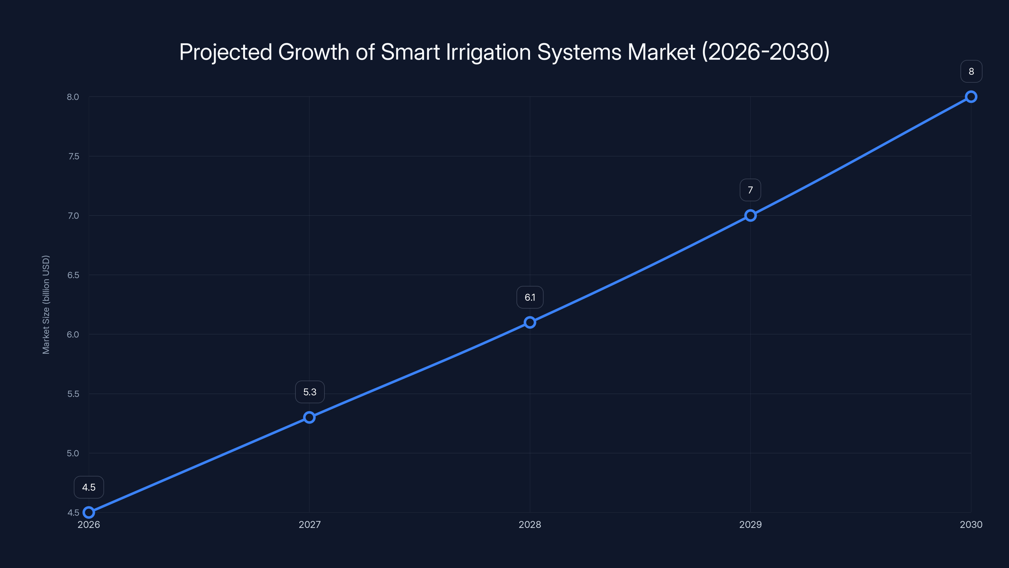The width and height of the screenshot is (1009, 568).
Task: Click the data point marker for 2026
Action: tap(89, 512)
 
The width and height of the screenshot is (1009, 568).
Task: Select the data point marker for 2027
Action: tap(309, 417)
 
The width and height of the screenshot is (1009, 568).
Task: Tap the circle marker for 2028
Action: tap(530, 322)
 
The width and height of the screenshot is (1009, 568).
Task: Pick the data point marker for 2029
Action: tap(750, 216)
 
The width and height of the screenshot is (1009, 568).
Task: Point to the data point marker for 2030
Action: tap(971, 97)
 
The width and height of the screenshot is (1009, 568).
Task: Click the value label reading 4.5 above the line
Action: tap(89, 487)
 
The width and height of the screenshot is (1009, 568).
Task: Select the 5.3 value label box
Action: tap(310, 392)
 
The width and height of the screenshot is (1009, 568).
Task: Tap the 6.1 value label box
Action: tap(530, 298)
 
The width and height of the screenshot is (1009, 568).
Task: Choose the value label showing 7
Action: tap(750, 190)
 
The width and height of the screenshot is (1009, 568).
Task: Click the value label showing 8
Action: tap(971, 71)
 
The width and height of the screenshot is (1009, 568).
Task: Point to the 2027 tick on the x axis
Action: tap(309, 524)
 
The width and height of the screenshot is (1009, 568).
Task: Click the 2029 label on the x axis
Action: tap(750, 524)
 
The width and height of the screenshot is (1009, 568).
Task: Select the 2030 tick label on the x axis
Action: tap(971, 524)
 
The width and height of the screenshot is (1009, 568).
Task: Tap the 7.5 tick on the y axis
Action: tap(73, 157)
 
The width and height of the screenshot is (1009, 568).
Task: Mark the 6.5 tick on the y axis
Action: tap(73, 275)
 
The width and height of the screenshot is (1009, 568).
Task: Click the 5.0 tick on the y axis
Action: tap(73, 453)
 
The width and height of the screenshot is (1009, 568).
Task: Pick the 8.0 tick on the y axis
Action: tap(73, 97)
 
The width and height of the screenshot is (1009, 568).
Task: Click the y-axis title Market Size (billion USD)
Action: tap(46, 305)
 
